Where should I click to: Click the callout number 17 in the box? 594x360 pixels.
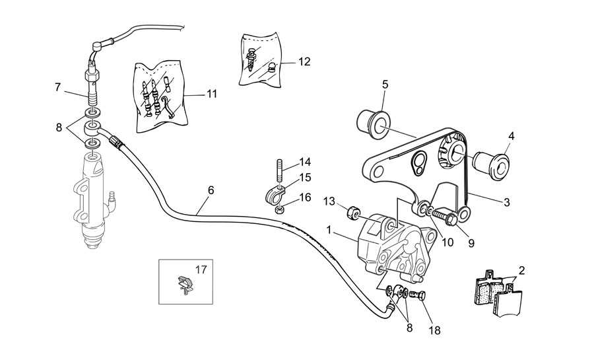(201, 270)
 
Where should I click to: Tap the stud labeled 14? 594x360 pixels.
(280, 171)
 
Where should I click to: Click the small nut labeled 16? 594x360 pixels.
(279, 209)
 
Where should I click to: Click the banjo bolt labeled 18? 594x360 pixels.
(418, 295)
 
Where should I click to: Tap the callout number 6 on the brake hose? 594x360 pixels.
(211, 190)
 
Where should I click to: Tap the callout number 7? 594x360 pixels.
(57, 88)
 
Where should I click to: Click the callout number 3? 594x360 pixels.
(506, 202)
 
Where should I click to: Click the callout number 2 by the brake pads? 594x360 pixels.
(521, 271)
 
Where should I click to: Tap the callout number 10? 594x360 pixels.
(447, 242)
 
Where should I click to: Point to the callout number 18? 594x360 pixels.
(434, 330)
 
